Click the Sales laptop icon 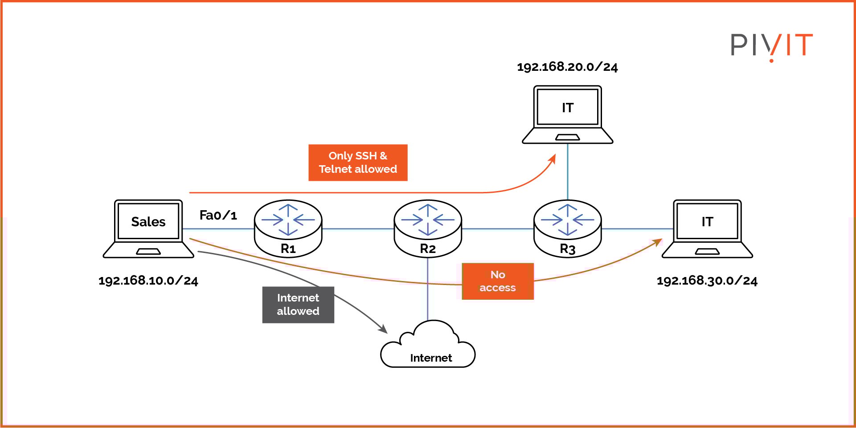pos(148,228)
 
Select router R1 pos(288,228)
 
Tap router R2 pos(428,228)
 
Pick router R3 pos(567,228)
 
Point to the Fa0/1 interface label pos(218,215)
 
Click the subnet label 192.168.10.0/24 pos(148,281)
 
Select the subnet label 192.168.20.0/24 pos(567,67)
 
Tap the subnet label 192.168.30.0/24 pos(707,281)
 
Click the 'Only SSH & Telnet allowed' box pos(358,163)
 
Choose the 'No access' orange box pos(498,281)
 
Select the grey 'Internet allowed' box pos(298,305)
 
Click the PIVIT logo pos(771,46)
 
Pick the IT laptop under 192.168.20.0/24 pos(567,114)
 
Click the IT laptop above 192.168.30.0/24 pos(707,228)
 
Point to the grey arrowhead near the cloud pos(383,330)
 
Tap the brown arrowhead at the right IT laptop pos(658,242)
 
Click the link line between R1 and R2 pos(358,229)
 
